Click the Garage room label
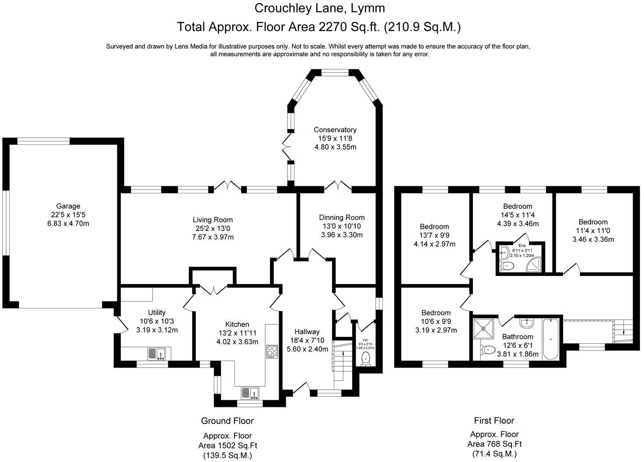tap(68, 206)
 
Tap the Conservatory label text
tap(335, 129)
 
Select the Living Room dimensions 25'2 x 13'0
tap(213, 228)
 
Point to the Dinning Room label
tap(342, 217)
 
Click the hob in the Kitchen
tap(272, 351)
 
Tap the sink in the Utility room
tap(156, 353)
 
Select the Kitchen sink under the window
tap(250, 393)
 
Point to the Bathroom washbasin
tap(526, 323)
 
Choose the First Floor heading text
tap(494, 420)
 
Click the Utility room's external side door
tap(117, 323)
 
